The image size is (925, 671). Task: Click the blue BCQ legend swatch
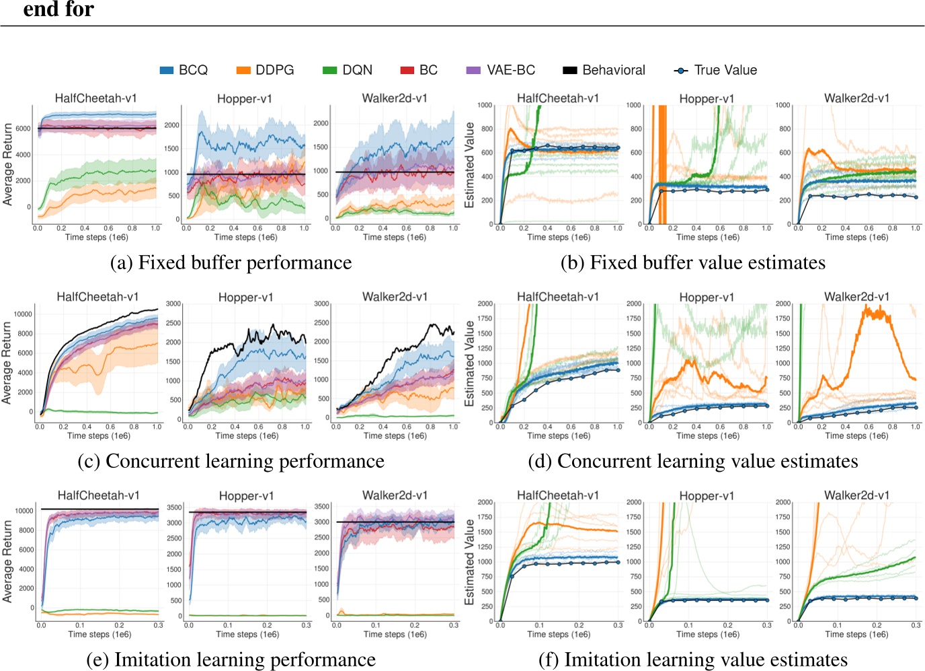pos(167,70)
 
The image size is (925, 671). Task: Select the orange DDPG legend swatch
pos(243,70)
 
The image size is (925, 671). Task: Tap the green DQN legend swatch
pos(329,70)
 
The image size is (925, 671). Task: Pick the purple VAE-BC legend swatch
pos(473,70)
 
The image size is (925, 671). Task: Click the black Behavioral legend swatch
pos(570,70)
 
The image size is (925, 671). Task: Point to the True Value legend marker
pos(681,70)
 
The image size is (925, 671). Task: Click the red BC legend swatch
pos(407,70)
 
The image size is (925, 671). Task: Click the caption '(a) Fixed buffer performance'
pos(231,262)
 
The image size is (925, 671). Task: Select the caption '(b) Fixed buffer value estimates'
pos(693,262)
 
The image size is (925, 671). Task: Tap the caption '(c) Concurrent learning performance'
pos(231,461)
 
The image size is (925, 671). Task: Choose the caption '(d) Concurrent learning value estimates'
pos(693,461)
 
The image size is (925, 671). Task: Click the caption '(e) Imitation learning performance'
pos(231,660)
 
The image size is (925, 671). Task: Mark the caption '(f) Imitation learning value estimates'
pos(693,660)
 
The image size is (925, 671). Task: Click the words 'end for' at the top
pos(58,9)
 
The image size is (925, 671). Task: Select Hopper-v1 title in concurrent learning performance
pos(246,297)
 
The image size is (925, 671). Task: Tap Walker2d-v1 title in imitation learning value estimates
pos(856,495)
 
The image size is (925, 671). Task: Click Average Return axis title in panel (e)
pos(8,561)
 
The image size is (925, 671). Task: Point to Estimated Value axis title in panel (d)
pos(470,363)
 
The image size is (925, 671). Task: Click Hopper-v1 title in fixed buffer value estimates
pos(707,99)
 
